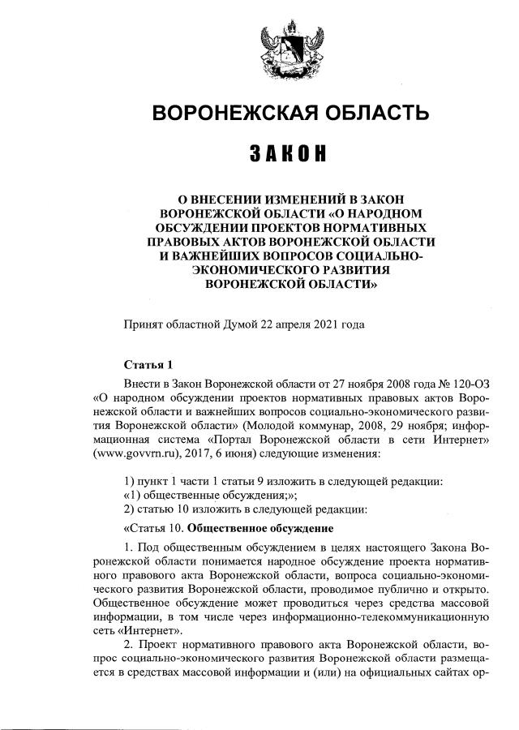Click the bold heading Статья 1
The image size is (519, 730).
click(x=147, y=363)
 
